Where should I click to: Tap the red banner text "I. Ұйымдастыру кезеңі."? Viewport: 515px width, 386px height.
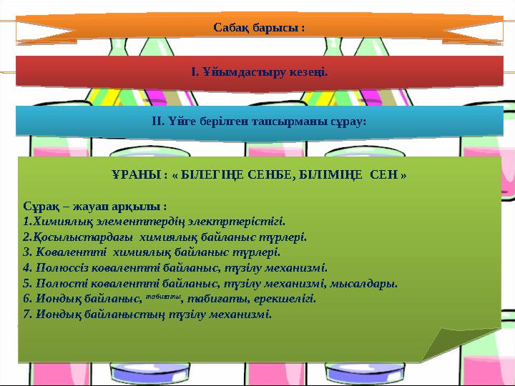(260, 72)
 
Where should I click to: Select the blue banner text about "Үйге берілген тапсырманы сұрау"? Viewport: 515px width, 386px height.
(259, 121)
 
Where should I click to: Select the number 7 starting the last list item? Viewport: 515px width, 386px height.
(26, 314)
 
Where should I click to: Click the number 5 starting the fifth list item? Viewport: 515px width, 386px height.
(26, 283)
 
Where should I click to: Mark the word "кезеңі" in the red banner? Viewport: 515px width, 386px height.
(310, 72)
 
